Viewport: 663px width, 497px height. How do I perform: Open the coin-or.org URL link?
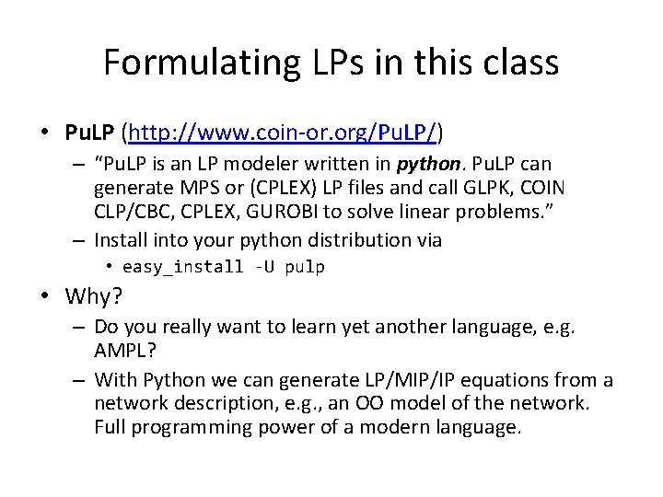(x=283, y=133)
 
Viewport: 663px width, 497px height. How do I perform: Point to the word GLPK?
(x=483, y=189)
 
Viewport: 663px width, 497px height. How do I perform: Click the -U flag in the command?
(x=258, y=268)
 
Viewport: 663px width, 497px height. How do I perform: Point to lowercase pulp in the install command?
(x=305, y=268)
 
